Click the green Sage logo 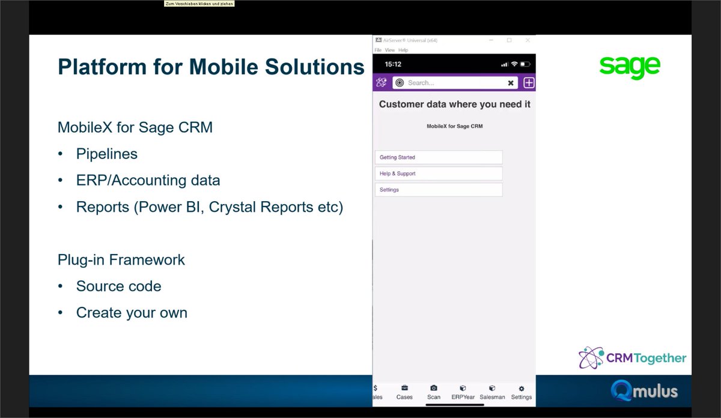pos(630,67)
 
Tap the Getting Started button pos(439,157)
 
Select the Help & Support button pos(439,174)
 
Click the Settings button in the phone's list pos(439,190)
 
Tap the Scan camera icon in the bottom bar pos(434,389)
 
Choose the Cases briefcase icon pos(404,389)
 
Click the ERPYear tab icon pos(463,389)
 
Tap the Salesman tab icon pos(492,389)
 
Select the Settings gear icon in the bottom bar pos(522,389)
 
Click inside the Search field pos(451,83)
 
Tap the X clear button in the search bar pos(511,83)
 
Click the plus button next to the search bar pos(529,83)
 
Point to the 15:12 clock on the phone pos(393,64)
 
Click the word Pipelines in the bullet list pos(106,154)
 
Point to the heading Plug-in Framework pos(121,260)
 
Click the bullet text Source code pos(118,286)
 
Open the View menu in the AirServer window pos(390,50)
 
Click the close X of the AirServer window pos(528,40)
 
